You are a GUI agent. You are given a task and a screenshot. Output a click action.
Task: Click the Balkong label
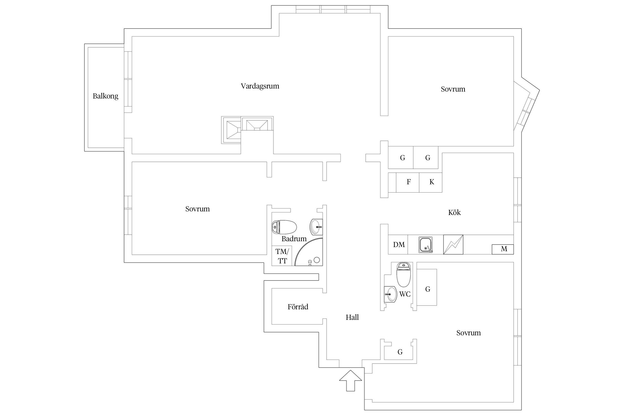pyautogui.click(x=105, y=96)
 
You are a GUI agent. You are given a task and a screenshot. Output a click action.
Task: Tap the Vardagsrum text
pyautogui.click(x=260, y=86)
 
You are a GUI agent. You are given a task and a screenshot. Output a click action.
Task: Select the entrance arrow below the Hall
pyautogui.click(x=351, y=380)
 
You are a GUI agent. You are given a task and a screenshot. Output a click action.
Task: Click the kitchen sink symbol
pyautogui.click(x=426, y=245)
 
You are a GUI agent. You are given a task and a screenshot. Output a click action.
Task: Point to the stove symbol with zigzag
pyautogui.click(x=453, y=245)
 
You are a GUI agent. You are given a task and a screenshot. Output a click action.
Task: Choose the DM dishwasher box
pyautogui.click(x=398, y=245)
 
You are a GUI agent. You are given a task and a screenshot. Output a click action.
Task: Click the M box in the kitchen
pyautogui.click(x=503, y=249)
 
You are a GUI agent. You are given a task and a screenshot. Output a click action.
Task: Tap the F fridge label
pyautogui.click(x=408, y=182)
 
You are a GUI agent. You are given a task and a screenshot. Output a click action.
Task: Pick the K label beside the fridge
pyautogui.click(x=432, y=182)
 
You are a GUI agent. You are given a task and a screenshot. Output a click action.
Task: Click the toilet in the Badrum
pyautogui.click(x=284, y=227)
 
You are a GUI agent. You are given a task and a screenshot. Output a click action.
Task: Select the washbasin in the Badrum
pyautogui.click(x=316, y=227)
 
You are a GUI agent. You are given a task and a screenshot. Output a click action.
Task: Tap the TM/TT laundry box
pyautogui.click(x=282, y=256)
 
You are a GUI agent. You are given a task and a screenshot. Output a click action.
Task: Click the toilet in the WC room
pyautogui.click(x=404, y=274)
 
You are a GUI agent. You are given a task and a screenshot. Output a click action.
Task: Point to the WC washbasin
pyautogui.click(x=390, y=294)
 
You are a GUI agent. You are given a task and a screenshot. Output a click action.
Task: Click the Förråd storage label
pyautogui.click(x=298, y=307)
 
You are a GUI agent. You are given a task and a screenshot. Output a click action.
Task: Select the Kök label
pyautogui.click(x=454, y=212)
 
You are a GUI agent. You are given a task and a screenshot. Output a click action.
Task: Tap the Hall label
pyautogui.click(x=352, y=317)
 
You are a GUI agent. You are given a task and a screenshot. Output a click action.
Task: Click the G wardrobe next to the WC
pyautogui.click(x=427, y=287)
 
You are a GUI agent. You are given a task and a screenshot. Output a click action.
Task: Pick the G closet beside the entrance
pyautogui.click(x=400, y=352)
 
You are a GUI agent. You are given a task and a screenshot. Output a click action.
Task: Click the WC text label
pyautogui.click(x=405, y=294)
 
